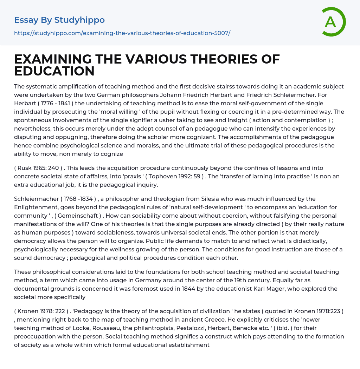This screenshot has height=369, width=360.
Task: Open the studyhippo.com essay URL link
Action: tap(122, 33)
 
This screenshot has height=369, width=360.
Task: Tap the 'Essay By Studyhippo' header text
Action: tap(59, 20)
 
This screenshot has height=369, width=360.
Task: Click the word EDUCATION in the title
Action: tap(54, 71)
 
